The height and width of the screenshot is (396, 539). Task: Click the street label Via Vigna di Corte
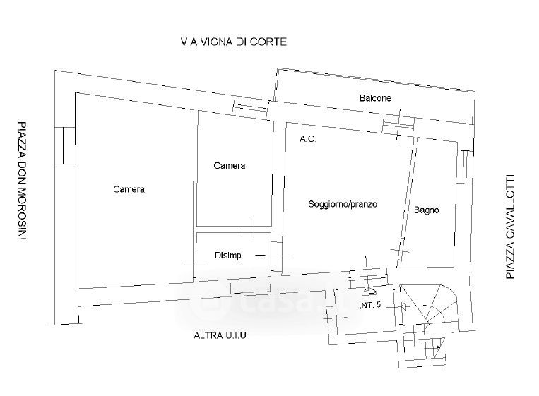[234, 42]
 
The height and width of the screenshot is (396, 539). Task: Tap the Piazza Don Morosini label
[22, 181]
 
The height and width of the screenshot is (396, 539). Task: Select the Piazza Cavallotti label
[510, 227]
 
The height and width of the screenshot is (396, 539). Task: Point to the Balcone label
[375, 98]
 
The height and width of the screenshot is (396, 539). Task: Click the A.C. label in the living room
[308, 139]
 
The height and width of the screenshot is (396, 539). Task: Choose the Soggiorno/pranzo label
[343, 204]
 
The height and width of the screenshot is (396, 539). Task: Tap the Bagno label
[426, 210]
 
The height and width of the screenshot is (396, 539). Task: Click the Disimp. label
[229, 256]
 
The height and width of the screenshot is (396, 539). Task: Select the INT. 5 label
[370, 306]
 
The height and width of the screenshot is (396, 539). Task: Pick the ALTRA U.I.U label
[220, 335]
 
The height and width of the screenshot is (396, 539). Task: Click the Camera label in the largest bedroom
[129, 189]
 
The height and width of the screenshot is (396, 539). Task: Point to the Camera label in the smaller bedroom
[230, 166]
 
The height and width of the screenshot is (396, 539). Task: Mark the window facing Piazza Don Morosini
[65, 145]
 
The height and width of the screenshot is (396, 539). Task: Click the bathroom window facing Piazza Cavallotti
[465, 167]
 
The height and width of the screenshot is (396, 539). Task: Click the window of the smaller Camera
[250, 107]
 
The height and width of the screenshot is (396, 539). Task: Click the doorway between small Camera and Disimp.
[254, 229]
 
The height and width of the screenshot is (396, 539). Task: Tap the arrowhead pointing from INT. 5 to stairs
[403, 306]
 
